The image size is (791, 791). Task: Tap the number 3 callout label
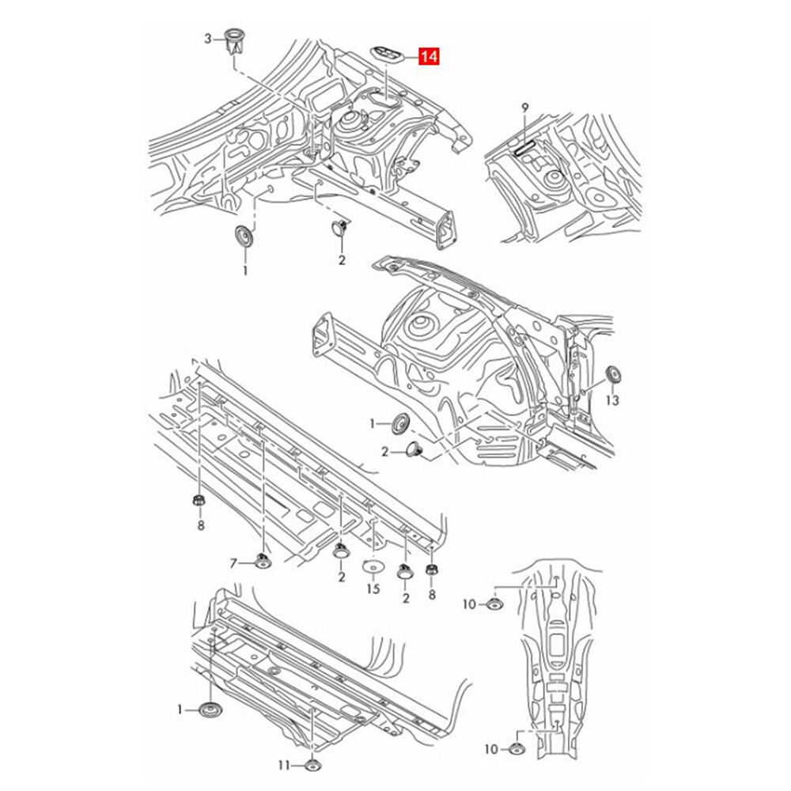point(208,38)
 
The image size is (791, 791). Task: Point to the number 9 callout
point(524,107)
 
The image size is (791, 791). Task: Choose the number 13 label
point(612,401)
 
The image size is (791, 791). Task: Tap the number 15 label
point(373,589)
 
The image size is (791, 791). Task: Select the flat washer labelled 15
point(373,566)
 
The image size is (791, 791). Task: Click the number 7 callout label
point(233,563)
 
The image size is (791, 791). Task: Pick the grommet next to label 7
point(261,562)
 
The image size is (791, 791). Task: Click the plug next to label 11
point(314,765)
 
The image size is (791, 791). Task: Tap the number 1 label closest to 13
point(373,425)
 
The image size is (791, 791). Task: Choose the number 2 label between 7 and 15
point(341,577)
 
